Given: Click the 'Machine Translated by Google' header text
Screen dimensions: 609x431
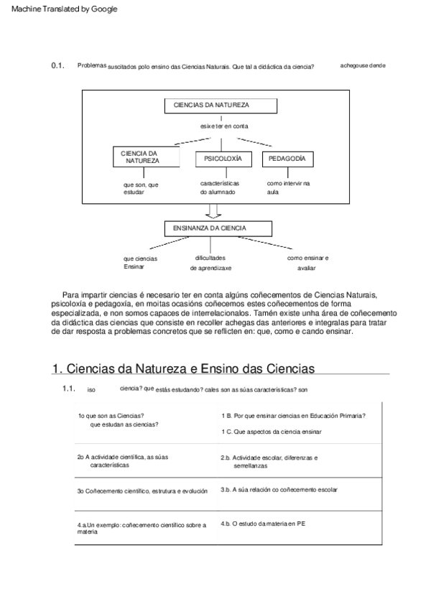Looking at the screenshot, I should point(64,9).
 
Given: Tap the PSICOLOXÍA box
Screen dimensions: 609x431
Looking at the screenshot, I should point(223,157).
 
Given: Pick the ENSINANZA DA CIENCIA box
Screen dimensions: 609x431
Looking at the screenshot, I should point(218,228).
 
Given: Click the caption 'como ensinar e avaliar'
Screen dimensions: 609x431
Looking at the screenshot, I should point(307,262).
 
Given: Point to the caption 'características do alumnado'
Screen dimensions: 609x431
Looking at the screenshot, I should point(220,187).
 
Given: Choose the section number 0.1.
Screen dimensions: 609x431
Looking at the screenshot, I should point(58,65).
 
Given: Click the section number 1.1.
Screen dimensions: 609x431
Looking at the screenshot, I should point(69,389).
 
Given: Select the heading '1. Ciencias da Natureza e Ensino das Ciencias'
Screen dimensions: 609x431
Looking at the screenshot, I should point(184,368).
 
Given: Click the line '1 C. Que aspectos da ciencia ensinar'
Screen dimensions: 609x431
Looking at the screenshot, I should point(271,432).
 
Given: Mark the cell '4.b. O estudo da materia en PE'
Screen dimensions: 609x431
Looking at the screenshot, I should point(264,523).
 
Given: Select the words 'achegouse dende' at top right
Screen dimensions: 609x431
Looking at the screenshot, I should point(363,65).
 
